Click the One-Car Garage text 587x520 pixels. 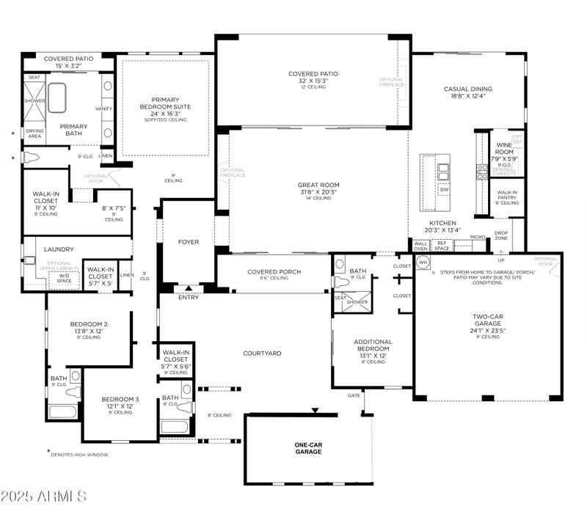[x=308, y=447]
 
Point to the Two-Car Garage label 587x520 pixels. [x=487, y=320]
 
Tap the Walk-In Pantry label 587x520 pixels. [x=504, y=194]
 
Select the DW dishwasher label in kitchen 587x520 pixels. [x=444, y=189]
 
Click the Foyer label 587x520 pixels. [x=189, y=241]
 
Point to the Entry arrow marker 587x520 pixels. [x=188, y=288]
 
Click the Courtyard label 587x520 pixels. [x=263, y=354]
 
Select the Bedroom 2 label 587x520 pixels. [x=89, y=324]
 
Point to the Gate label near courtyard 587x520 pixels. [x=354, y=395]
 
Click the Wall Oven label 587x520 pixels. [x=420, y=246]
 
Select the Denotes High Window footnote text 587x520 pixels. [x=79, y=455]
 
